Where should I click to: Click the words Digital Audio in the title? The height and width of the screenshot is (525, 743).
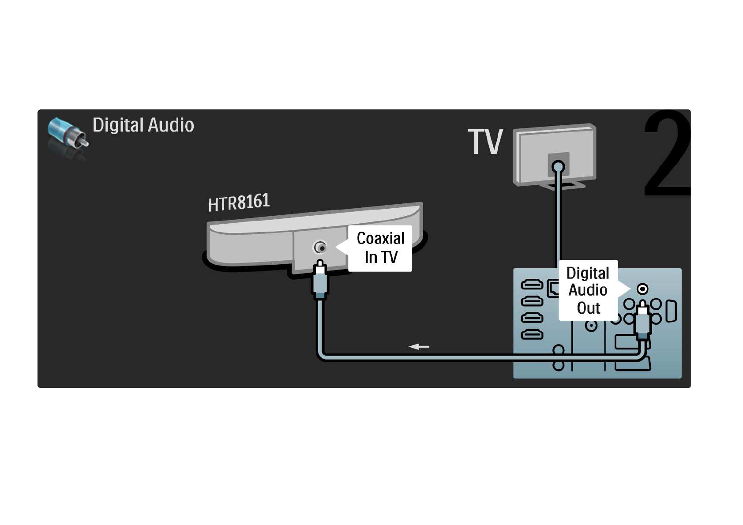[x=143, y=125]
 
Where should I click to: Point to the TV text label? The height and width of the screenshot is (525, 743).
[x=485, y=142]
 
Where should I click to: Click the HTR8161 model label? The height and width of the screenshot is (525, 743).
[x=239, y=202]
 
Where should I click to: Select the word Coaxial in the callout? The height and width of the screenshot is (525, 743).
[x=380, y=238]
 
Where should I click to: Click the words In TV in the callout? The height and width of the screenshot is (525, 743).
[x=381, y=257]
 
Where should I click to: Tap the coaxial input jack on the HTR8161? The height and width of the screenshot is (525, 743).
[x=320, y=247]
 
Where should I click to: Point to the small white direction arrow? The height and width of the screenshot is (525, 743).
[x=419, y=347]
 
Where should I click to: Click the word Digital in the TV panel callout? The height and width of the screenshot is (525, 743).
[x=588, y=273]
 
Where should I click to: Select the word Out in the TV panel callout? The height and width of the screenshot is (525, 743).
[x=588, y=308]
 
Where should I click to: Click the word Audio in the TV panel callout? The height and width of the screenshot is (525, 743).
[x=588, y=290]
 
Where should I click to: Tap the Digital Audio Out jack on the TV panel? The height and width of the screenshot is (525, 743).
[x=642, y=289]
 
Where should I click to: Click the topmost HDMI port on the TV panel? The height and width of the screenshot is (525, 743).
[x=532, y=285]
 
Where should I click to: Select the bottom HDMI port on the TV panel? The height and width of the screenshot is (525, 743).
[x=532, y=335]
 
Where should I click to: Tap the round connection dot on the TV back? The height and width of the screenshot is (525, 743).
[x=558, y=167]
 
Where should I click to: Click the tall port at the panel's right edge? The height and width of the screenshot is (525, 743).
[x=671, y=311]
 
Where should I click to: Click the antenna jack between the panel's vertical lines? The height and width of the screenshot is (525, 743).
[x=591, y=326]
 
